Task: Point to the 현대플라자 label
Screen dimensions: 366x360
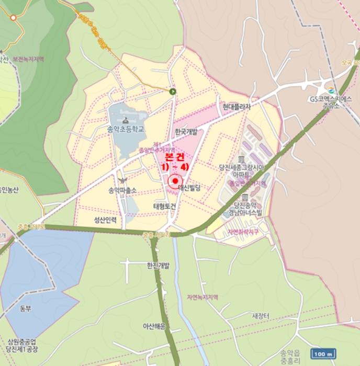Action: [x=237, y=107]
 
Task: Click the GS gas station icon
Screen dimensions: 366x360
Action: [x=330, y=89]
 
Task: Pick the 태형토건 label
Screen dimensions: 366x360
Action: [x=165, y=206]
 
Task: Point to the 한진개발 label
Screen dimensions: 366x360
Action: [x=159, y=265]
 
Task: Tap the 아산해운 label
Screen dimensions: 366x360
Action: [x=154, y=326]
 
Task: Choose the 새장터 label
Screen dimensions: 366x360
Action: [x=261, y=316]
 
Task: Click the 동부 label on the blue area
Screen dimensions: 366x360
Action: [x=26, y=308]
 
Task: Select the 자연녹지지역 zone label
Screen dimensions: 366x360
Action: [x=202, y=297]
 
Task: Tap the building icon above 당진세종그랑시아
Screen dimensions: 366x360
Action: [x=241, y=159]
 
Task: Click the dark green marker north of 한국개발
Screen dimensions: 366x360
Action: [x=173, y=91]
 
